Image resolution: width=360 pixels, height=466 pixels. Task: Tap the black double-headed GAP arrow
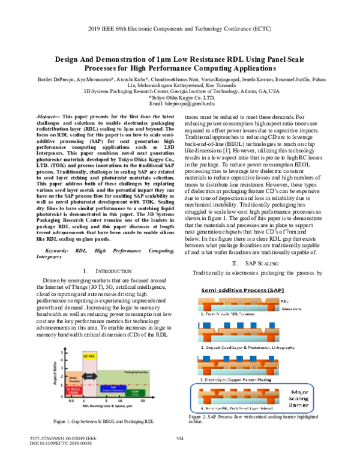(x=89, y=375)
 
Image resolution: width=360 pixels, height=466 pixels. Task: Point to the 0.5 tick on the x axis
(x=71, y=401)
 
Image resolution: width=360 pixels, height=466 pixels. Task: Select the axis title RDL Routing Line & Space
(x=106, y=406)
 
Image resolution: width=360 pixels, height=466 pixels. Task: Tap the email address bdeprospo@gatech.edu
(x=181, y=103)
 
